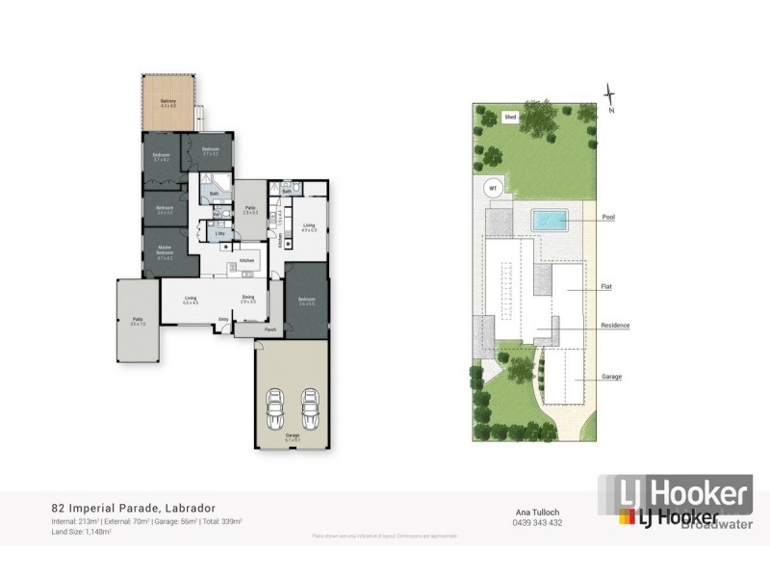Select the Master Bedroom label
(165, 252)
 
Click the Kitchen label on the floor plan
(245, 261)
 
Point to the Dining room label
(247, 299)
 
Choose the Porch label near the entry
(270, 328)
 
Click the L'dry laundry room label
(219, 233)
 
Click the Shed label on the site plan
(511, 117)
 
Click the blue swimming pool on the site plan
(549, 221)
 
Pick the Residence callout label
(615, 326)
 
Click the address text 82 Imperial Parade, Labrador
(133, 508)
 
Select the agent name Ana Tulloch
(533, 512)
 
